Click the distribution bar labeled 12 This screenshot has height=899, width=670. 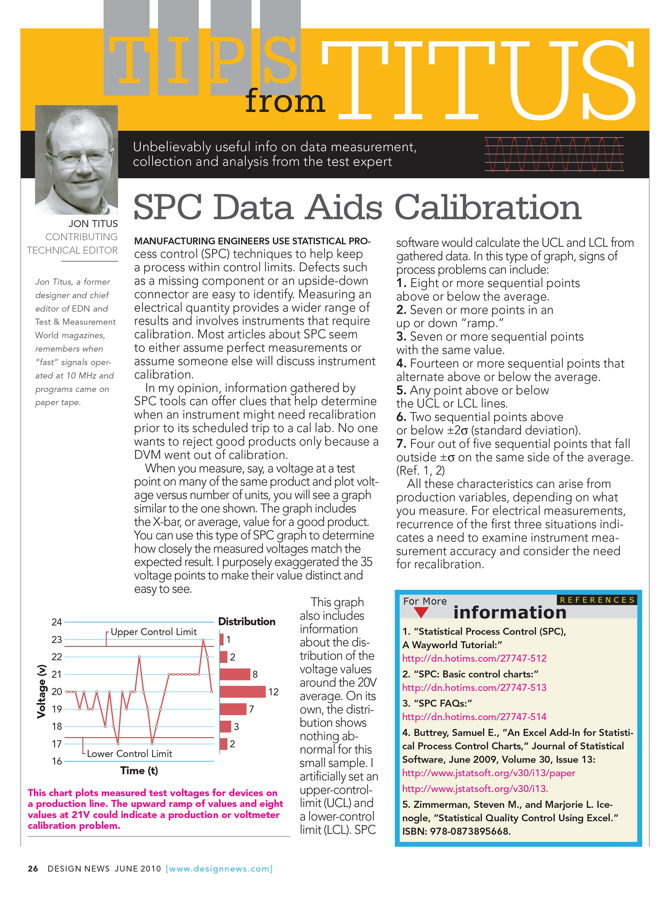click(242, 692)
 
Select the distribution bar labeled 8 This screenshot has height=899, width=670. click(235, 674)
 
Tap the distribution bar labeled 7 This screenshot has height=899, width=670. click(233, 709)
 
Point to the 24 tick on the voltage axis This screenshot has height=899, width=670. click(57, 622)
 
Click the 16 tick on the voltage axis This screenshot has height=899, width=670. click(57, 761)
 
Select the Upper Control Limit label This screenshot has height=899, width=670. click(153, 632)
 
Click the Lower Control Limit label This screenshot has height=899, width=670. click(129, 754)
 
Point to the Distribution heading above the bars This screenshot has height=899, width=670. click(247, 622)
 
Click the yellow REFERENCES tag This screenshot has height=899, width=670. click(597, 600)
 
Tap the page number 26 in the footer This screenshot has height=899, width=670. click(33, 869)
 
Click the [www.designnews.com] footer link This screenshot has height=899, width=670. click(219, 869)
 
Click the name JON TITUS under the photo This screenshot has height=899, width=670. click(93, 224)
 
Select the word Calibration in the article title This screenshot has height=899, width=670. click(487, 207)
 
